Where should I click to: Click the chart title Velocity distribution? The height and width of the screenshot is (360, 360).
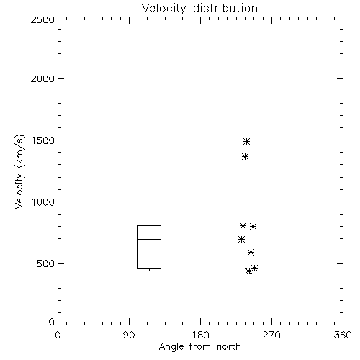tap(199, 9)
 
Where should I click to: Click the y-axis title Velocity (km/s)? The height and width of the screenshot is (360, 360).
tap(19, 171)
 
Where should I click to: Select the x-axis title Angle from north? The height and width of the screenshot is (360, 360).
tap(200, 346)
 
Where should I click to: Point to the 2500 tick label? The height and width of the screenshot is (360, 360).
tap(42, 19)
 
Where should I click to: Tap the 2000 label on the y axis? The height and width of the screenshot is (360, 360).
tap(42, 78)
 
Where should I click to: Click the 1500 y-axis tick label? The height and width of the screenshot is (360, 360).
tap(43, 140)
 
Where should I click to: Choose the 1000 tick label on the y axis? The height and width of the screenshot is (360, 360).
tap(43, 202)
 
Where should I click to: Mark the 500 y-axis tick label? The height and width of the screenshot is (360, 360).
tap(46, 264)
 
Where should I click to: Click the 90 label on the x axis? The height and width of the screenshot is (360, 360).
tap(129, 335)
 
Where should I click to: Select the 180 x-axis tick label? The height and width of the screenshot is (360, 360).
tap(200, 335)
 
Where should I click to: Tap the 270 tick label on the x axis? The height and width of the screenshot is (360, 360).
tap(271, 335)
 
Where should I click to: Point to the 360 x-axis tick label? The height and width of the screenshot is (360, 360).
tap(343, 335)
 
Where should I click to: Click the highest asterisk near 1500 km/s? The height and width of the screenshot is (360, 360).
tap(246, 142)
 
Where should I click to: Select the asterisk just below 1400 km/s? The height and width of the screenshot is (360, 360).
tap(245, 157)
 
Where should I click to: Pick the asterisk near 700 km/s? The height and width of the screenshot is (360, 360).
tap(241, 240)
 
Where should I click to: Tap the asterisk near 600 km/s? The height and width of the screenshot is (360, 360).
tap(251, 253)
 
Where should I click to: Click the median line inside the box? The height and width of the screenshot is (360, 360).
tap(149, 239)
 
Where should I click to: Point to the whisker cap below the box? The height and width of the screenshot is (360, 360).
tap(149, 271)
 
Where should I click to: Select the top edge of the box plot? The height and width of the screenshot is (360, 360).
tap(149, 225)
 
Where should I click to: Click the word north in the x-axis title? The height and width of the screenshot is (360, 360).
tap(229, 346)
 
